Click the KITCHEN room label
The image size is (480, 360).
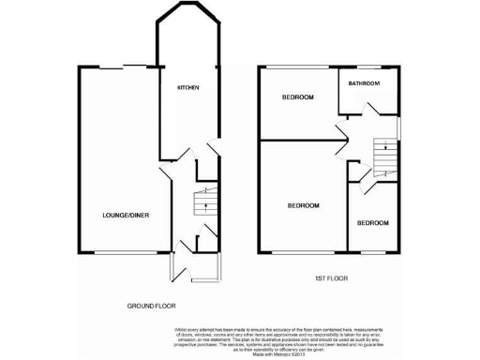click(188, 87)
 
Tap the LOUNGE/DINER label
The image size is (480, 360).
click(126, 216)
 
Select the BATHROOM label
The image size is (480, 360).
click(364, 83)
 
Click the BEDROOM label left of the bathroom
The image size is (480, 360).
click(297, 97)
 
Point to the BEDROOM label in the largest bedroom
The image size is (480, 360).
click(303, 205)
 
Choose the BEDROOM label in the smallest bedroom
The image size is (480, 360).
click(372, 222)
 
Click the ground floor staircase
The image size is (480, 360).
click(199, 202)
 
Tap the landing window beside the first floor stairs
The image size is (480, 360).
click(399, 127)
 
